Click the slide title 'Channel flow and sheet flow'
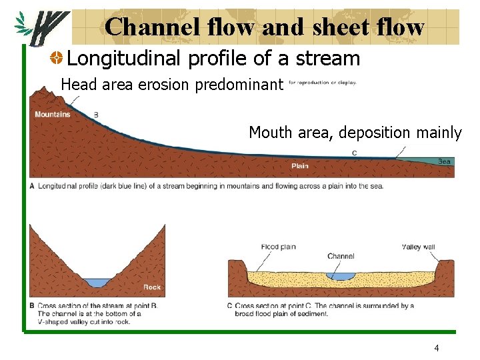pos(264,27)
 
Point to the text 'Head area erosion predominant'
pos(172,85)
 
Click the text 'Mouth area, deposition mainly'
pos(355,133)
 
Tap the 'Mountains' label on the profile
pos(53,115)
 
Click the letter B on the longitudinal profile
pos(96,115)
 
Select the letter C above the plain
pos(354,153)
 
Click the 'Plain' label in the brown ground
pos(299,166)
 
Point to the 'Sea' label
pos(444,162)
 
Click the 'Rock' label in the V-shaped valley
pos(152,287)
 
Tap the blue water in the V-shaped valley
pos(97,283)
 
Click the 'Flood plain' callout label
pos(279,247)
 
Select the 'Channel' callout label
pos(341,256)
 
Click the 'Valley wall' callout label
pos(419,247)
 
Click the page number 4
pos(436,348)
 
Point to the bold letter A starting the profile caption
pos(33,186)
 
